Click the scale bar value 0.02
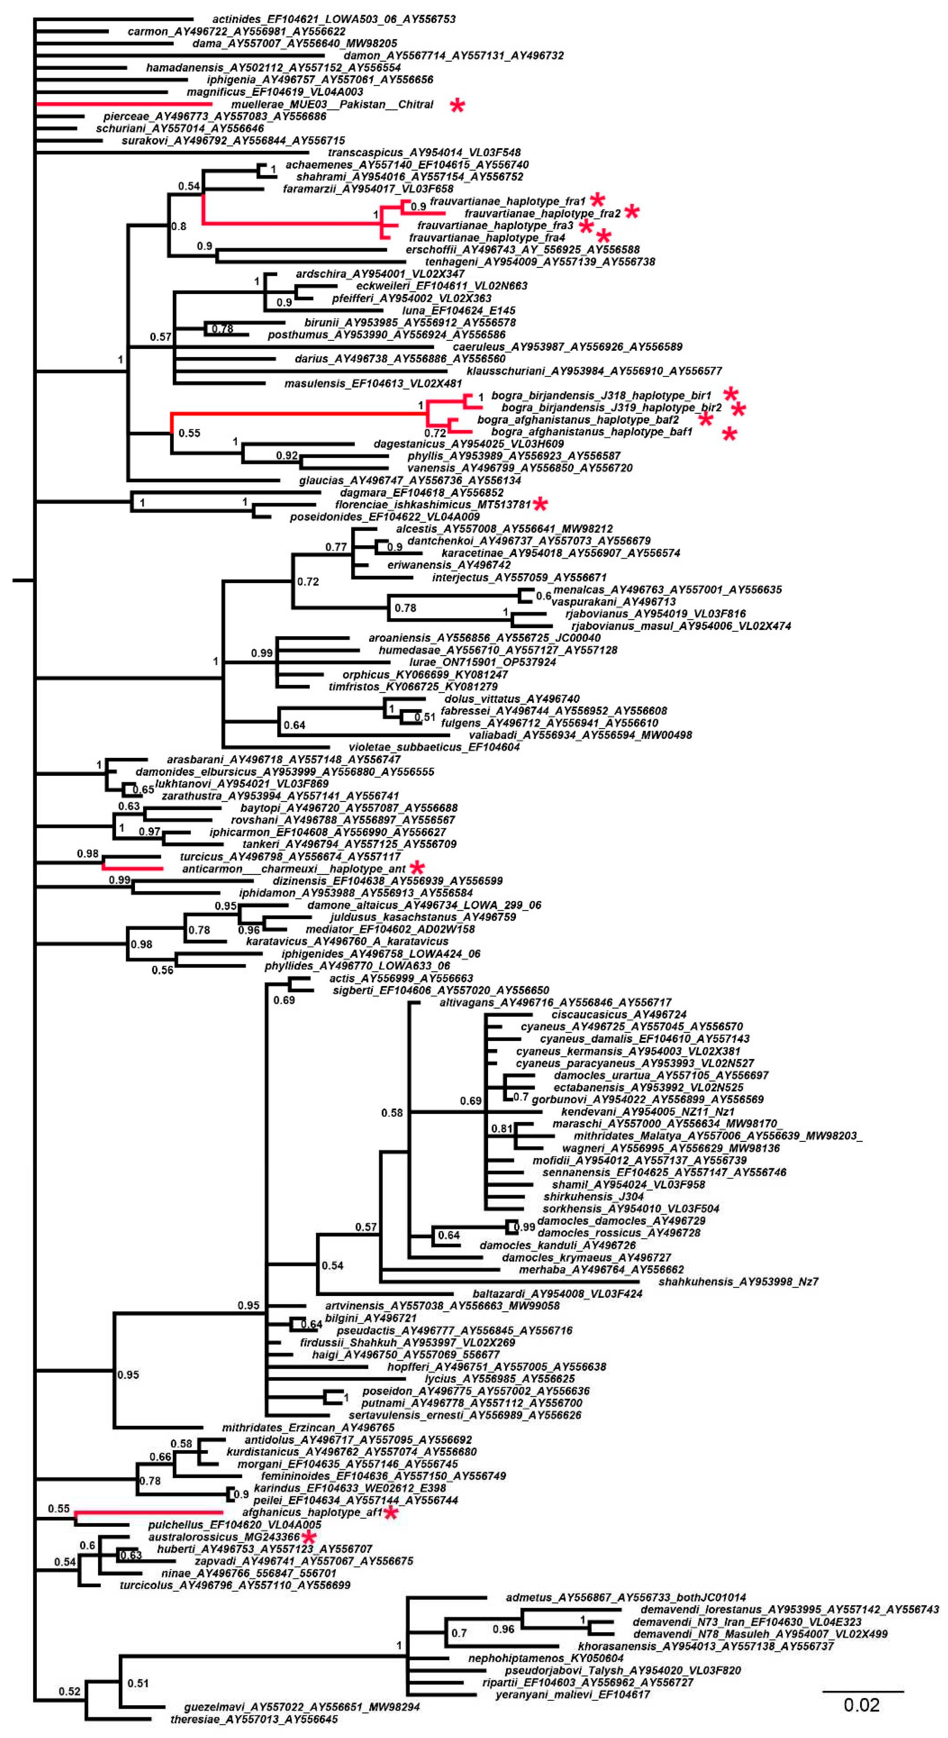coord(862,1705)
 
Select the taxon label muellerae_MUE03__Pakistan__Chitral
coord(332,104)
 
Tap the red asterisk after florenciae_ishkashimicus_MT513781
coord(540,505)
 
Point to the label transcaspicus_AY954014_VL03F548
coord(424,153)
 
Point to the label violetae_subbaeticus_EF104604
coord(434,747)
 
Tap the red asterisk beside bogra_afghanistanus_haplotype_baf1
coord(729,434)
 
